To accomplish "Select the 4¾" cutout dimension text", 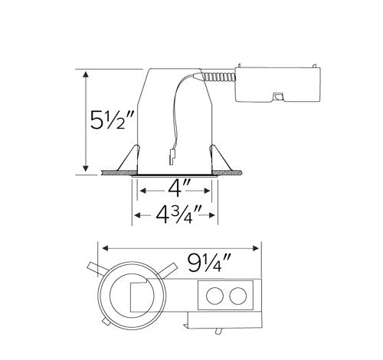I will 175,213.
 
